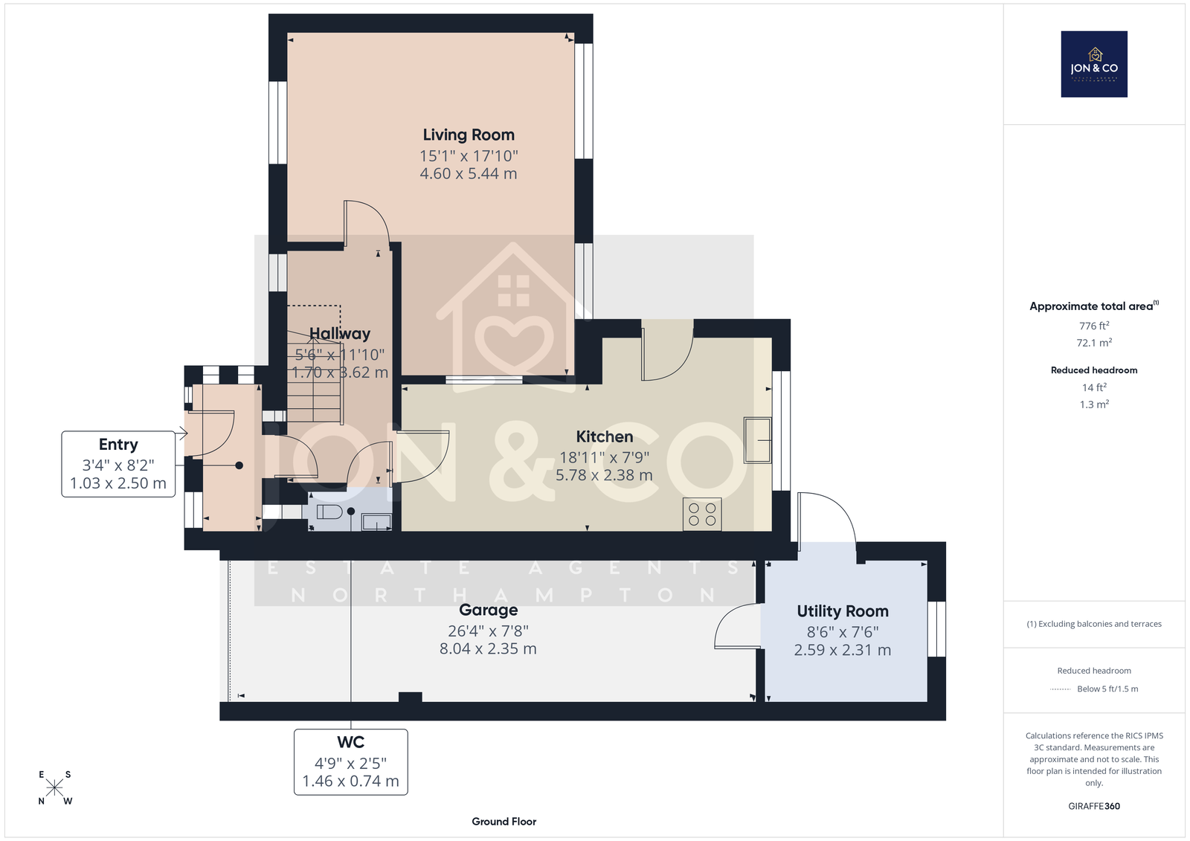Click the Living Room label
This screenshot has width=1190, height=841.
[469, 135]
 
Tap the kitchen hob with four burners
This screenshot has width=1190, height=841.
[702, 514]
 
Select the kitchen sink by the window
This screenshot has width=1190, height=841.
[758, 440]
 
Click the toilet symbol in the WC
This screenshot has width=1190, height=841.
[330, 512]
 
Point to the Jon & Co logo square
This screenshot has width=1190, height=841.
[1094, 64]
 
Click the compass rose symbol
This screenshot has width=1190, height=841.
[55, 787]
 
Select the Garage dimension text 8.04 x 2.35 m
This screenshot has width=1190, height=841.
[488, 648]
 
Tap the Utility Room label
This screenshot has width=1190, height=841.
[843, 611]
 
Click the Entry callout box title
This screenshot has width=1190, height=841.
[118, 444]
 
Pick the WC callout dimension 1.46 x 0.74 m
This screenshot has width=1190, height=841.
[350, 781]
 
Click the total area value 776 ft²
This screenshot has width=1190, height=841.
[1094, 326]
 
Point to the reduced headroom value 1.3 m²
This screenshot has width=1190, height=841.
[1094, 405]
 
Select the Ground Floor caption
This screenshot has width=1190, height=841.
[504, 822]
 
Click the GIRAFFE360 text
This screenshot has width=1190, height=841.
[1094, 806]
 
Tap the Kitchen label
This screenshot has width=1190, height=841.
[605, 436]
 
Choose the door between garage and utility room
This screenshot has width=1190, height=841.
[737, 627]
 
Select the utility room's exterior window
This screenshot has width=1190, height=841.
[936, 629]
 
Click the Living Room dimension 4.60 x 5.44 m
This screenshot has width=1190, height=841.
[469, 174]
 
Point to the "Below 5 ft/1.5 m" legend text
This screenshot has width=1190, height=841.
[1107, 689]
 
